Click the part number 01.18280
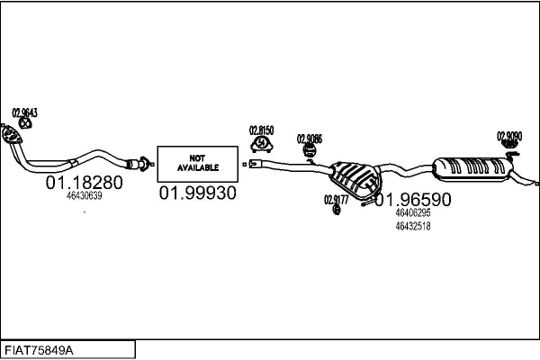click(84, 182)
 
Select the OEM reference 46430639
click(85, 195)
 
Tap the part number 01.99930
click(197, 193)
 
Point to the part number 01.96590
click(413, 199)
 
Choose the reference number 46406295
click(413, 213)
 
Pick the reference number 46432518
click(413, 226)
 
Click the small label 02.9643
click(24, 113)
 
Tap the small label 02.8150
click(261, 130)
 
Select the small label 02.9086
click(309, 139)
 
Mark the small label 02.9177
click(336, 200)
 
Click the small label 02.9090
click(509, 136)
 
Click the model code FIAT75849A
click(40, 349)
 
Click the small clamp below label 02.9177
click(336, 211)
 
